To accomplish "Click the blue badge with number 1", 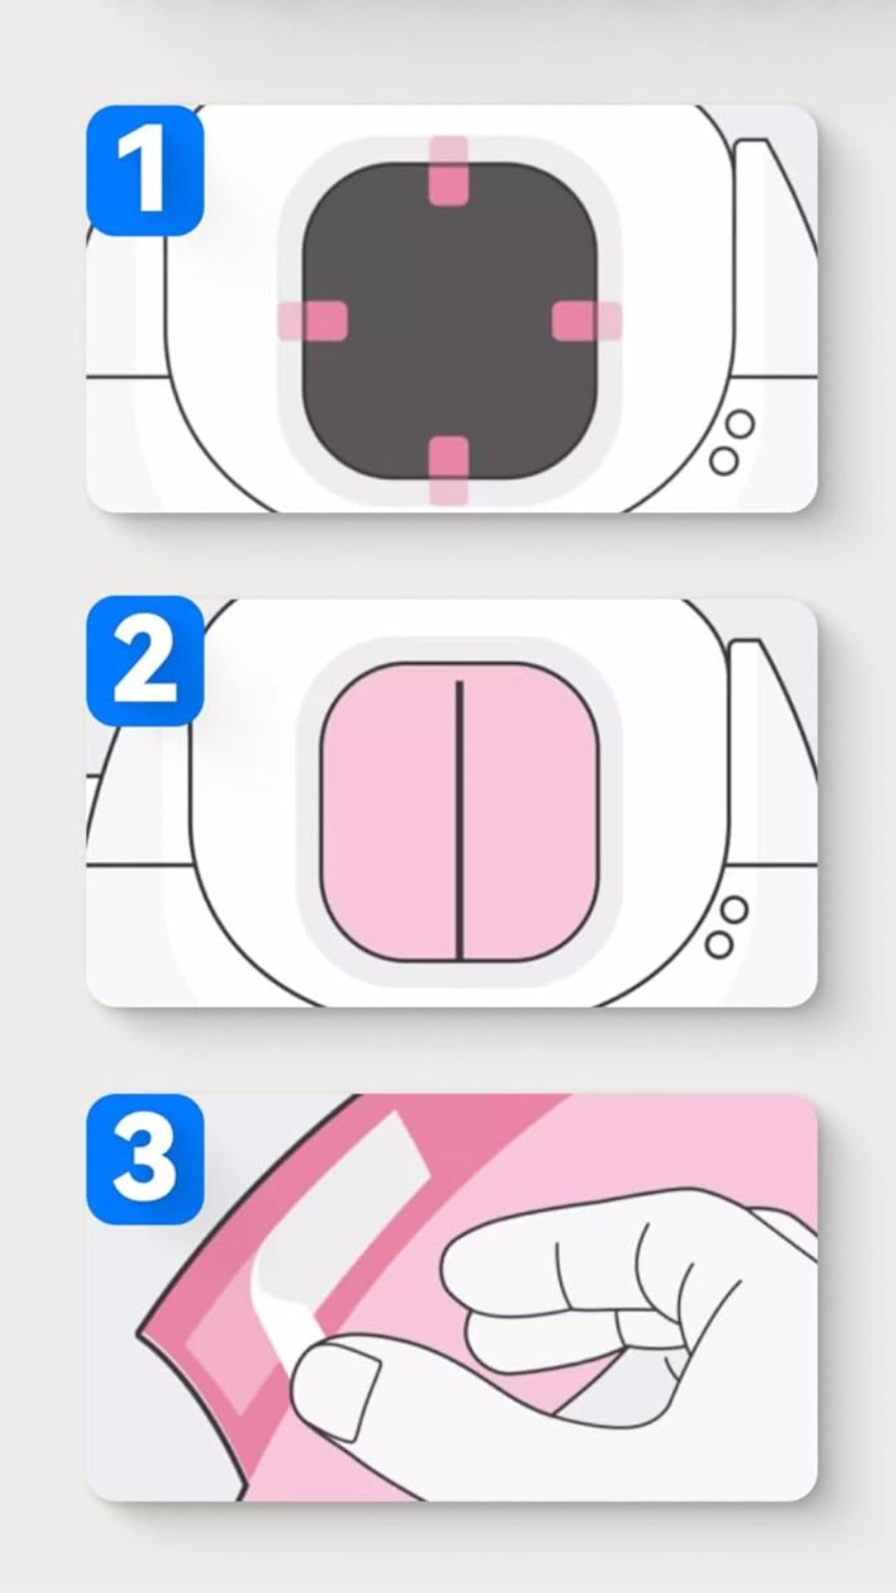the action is coord(145,170).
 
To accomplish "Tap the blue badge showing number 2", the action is coord(145,661).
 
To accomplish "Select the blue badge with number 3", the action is coord(145,1159).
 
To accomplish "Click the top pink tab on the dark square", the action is coord(449,171).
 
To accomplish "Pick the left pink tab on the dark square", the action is coord(312,321).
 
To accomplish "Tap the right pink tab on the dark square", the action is coord(587,321).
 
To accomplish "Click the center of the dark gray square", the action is coord(449,321).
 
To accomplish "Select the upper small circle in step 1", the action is coord(740,426).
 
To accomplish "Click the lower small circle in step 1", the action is coord(724,460).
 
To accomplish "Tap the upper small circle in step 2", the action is coord(734,910).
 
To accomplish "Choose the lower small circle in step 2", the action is coord(719,944).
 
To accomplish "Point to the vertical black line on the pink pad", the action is coord(459,820).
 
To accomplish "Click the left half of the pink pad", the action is coord(388,812).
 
